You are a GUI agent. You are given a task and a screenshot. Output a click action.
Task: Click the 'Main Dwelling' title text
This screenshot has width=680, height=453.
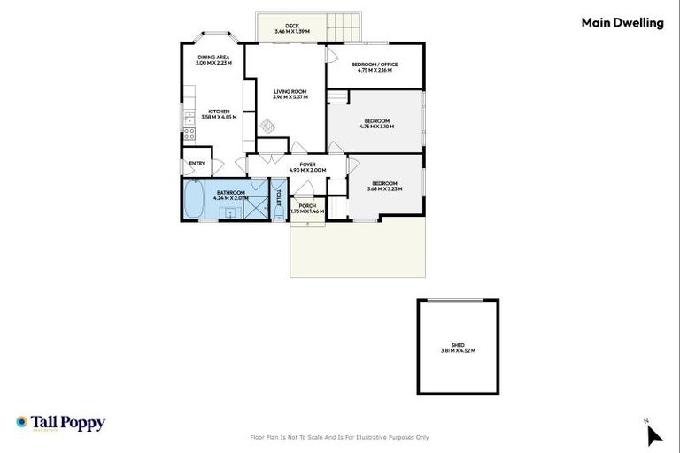click(622, 24)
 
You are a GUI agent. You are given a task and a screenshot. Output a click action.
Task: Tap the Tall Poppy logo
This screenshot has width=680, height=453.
click(60, 423)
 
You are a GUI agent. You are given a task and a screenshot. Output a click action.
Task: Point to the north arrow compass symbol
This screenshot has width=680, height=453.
click(653, 434)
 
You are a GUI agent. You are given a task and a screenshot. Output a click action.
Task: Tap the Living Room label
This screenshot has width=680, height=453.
click(290, 91)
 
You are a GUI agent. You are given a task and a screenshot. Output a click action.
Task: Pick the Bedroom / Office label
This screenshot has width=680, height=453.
click(375, 65)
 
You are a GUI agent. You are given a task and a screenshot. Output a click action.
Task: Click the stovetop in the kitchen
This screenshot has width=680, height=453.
click(189, 134)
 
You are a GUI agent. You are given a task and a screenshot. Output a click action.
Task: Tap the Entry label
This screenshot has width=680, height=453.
click(197, 163)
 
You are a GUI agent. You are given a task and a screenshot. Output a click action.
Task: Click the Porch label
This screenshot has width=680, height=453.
click(306, 206)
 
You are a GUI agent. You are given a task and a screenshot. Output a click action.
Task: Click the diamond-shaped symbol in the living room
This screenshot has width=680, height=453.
click(268, 127)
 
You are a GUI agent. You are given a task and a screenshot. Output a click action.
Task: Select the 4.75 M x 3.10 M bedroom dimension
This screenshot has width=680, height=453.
click(375, 127)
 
